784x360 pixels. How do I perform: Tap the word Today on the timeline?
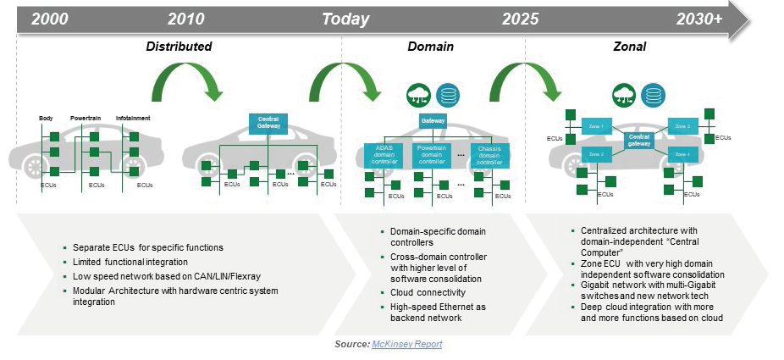tap(345, 18)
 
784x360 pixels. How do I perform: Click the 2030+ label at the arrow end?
tap(698, 18)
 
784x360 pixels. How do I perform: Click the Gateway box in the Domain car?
tap(433, 121)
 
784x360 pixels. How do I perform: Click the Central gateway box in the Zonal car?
tap(640, 140)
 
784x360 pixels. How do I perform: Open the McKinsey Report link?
tap(406, 344)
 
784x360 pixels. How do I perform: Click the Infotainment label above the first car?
tap(134, 118)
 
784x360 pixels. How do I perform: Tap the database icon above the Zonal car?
tap(651, 93)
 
